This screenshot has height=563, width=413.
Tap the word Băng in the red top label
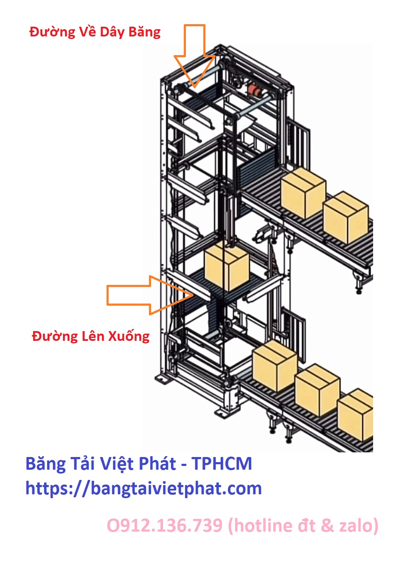click(144, 32)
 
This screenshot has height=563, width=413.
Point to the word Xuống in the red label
click(129, 337)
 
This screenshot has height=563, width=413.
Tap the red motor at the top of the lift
click(255, 90)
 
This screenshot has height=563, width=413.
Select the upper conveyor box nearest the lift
click(303, 192)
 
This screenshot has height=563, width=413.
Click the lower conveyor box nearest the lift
click(275, 366)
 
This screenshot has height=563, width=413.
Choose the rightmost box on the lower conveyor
click(356, 415)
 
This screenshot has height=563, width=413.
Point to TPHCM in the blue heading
click(222, 464)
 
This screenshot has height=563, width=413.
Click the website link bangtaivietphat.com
click(143, 488)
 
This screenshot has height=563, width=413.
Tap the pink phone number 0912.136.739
click(165, 526)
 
